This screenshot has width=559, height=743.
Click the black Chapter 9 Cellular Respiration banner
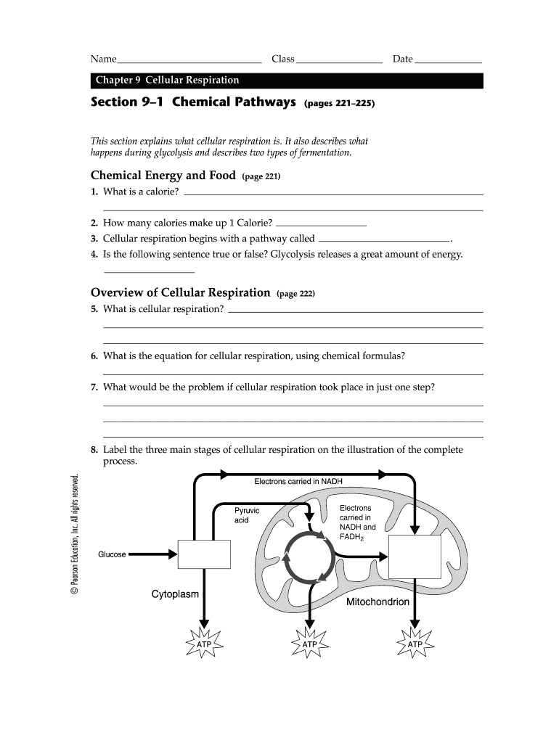point(286,81)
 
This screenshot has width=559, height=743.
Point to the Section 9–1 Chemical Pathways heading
point(192,103)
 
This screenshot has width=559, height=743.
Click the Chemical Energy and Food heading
point(163,176)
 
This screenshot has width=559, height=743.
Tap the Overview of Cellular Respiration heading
point(180,293)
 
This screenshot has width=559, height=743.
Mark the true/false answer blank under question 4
point(150,271)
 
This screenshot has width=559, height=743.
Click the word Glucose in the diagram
point(112,555)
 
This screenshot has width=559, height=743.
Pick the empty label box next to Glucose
point(204,554)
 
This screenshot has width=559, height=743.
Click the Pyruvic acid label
point(246,516)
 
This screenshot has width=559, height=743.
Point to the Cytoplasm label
point(175,594)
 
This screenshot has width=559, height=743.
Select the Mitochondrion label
point(378,602)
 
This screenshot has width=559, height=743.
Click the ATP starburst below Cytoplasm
point(204,644)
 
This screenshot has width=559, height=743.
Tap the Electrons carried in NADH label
point(298,482)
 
